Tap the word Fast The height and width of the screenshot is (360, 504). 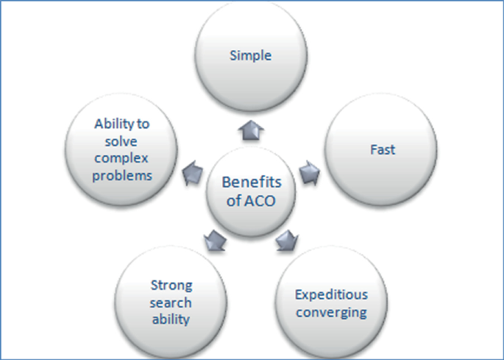(382, 149)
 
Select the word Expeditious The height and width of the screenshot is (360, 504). (331, 295)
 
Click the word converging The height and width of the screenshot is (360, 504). (331, 311)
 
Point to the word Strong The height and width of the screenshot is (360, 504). (171, 286)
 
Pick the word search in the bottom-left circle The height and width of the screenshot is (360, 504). (171, 303)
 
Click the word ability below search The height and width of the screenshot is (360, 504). (171, 319)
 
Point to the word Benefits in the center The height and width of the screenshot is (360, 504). (252, 182)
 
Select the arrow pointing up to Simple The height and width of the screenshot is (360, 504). (252, 131)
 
